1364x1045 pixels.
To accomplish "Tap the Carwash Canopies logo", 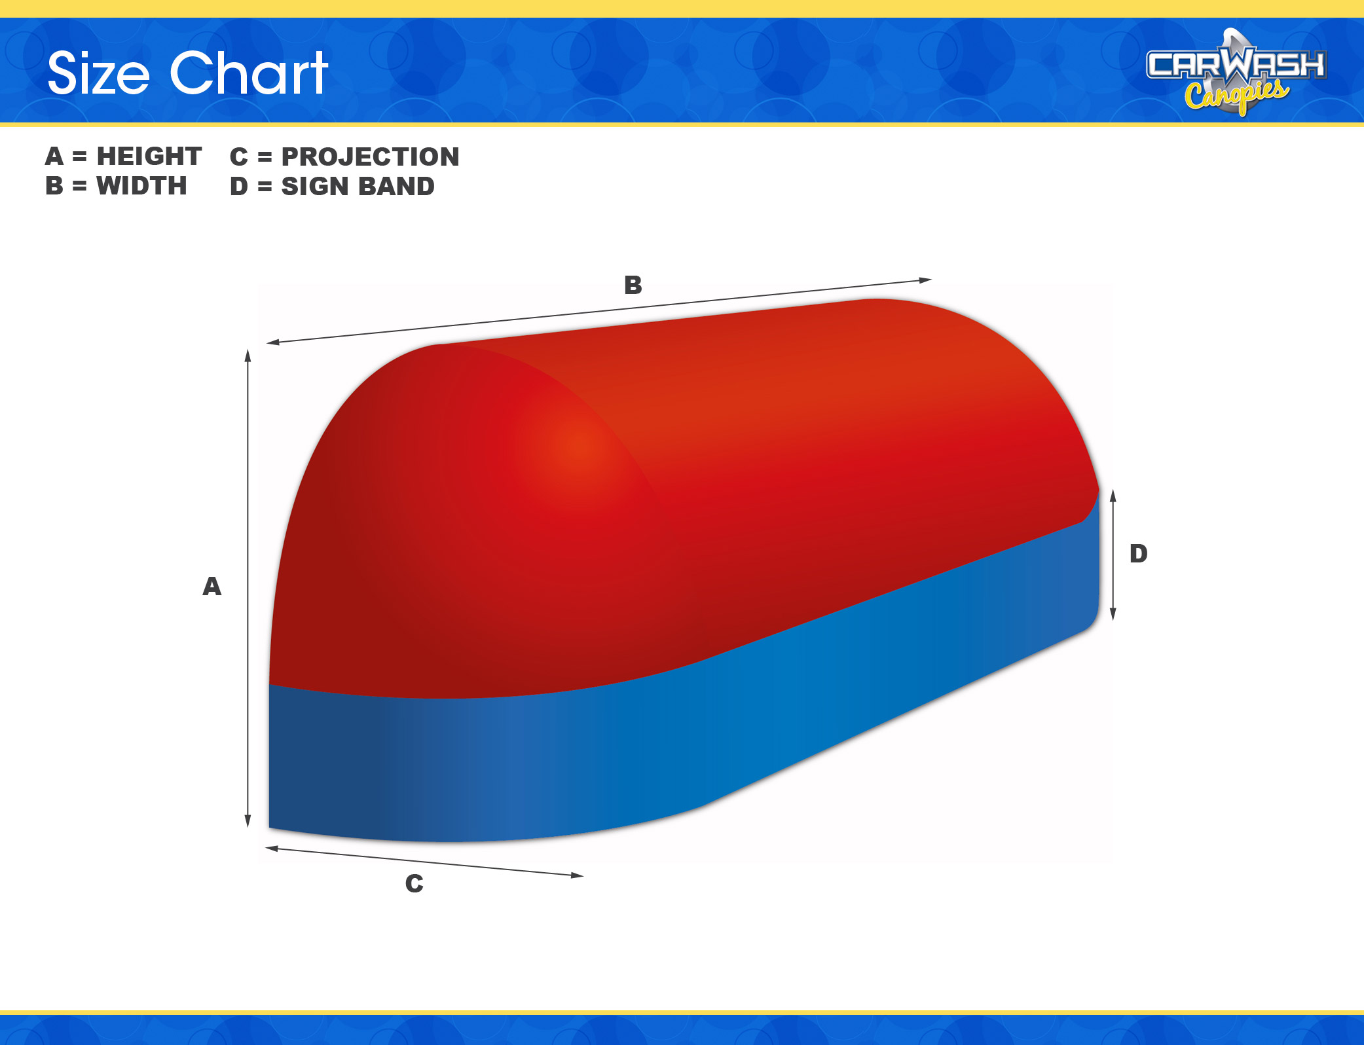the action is point(1236,72).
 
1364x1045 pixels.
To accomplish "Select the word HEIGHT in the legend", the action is point(149,156).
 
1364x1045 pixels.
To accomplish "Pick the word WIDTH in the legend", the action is point(141,186).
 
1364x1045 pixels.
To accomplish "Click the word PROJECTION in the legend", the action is point(371,156).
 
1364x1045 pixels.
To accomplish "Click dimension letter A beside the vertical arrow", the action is point(212,586).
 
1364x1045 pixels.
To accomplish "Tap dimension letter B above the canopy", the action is point(633,285).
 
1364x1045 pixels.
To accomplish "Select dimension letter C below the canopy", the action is point(415,883).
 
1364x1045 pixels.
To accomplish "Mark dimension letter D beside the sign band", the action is point(1139,553).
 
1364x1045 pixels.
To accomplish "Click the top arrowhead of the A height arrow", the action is point(248,355).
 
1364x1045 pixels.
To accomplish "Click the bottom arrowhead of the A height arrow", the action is point(248,821).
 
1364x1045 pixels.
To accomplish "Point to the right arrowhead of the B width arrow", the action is point(925,280).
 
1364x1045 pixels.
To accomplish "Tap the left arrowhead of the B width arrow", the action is point(273,342).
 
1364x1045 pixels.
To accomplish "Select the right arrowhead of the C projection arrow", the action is point(577,875).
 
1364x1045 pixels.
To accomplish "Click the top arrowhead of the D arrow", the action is point(1113,496).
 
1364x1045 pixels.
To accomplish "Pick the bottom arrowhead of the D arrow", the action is point(1113,614).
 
